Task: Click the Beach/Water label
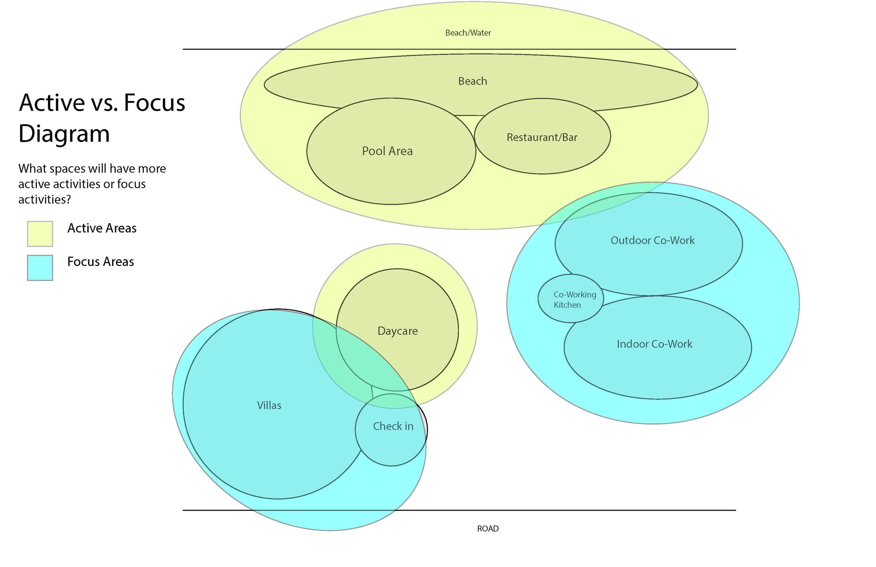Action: [x=468, y=33]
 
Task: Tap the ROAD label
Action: [x=488, y=528]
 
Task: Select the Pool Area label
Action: [x=387, y=151]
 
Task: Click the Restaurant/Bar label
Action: [x=542, y=137]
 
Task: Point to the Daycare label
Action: [x=397, y=330]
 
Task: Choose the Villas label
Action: [x=269, y=405]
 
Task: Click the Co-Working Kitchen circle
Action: [x=570, y=299]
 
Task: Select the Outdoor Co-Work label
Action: [x=652, y=240]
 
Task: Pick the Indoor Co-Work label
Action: [x=655, y=344]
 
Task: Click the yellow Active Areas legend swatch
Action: [x=40, y=233]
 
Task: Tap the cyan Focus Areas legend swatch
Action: [x=40, y=268]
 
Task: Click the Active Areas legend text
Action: [x=102, y=228]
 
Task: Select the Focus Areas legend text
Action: [x=101, y=262]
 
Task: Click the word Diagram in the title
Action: [x=64, y=133]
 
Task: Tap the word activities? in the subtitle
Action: [x=45, y=199]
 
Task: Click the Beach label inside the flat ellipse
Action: [x=473, y=81]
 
